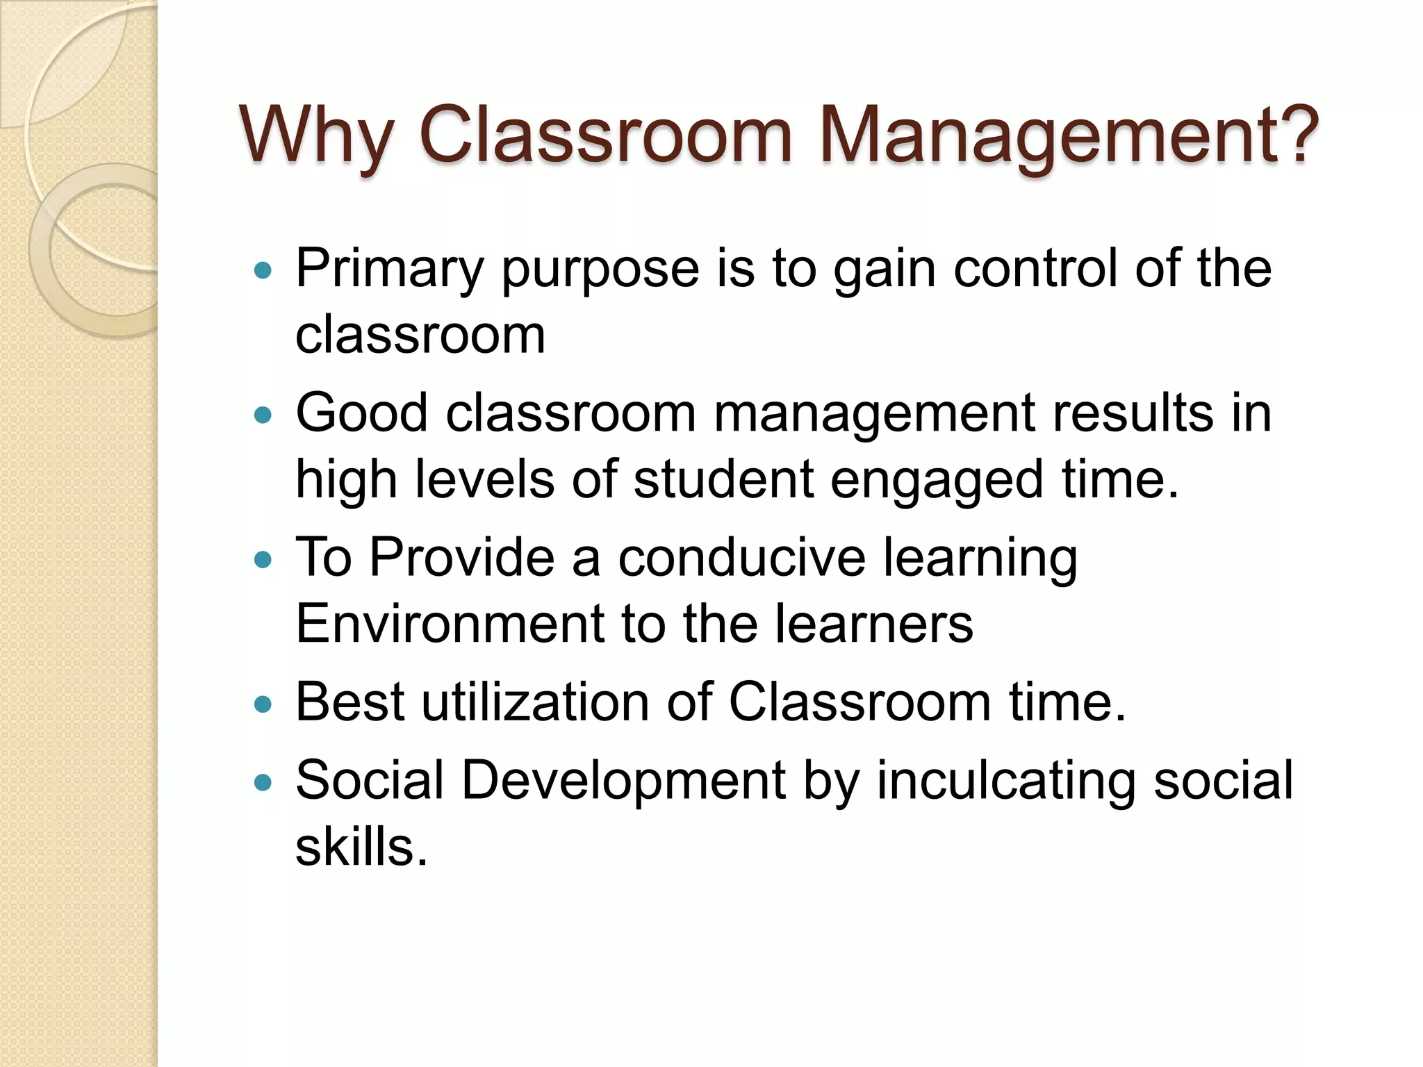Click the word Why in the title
317,135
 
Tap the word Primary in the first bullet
389,270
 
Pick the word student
723,479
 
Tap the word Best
349,702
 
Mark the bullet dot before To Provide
263,559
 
